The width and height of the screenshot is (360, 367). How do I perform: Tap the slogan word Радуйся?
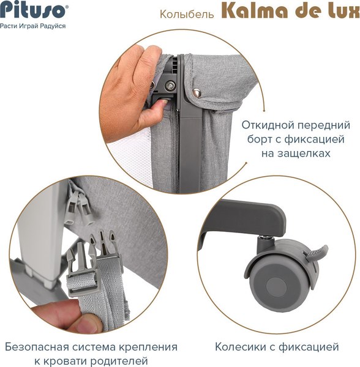point(52,27)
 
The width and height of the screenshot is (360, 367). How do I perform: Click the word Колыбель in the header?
point(179,13)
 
